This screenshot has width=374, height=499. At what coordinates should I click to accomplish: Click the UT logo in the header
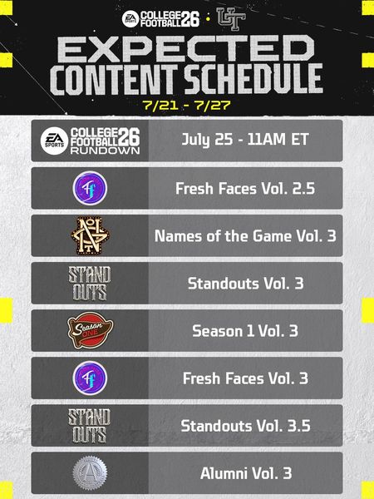tap(231, 19)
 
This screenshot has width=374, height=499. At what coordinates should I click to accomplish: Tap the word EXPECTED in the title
tap(186, 49)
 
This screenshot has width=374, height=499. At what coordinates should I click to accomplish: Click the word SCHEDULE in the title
tap(253, 79)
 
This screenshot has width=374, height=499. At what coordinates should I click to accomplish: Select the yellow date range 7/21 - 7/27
tap(186, 105)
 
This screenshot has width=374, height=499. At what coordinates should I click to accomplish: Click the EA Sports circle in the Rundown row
tap(54, 141)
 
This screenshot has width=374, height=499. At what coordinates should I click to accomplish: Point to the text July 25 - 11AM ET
tap(245, 140)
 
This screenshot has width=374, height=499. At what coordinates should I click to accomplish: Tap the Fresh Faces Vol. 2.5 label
tap(245, 189)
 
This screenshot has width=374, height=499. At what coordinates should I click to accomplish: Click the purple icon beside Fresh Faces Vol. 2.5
tap(90, 188)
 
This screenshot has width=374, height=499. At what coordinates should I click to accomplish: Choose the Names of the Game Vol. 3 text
tap(245, 236)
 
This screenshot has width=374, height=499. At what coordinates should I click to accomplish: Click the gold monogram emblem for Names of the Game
tap(90, 236)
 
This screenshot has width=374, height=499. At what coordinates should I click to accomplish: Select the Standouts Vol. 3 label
tap(245, 284)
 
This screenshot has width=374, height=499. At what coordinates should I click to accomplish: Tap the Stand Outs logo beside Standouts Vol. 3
tap(90, 284)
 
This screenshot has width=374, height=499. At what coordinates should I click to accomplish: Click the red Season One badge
tap(91, 330)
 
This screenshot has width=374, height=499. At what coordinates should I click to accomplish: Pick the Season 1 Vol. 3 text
tap(245, 331)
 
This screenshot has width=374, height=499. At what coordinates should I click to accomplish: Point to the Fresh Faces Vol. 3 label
tap(245, 378)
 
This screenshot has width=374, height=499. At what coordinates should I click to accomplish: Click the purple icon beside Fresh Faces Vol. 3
tap(90, 378)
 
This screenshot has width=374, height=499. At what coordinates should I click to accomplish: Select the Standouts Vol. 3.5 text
tap(245, 426)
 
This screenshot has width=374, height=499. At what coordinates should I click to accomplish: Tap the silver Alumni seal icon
tap(90, 473)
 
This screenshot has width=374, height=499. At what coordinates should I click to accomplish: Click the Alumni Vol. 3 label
tap(246, 473)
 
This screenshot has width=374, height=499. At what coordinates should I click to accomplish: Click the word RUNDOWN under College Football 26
tap(106, 151)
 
